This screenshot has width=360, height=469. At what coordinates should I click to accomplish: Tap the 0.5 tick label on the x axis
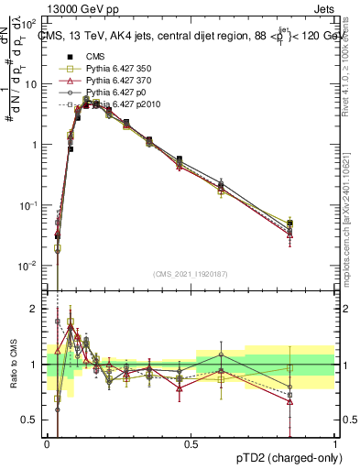tap(191, 442)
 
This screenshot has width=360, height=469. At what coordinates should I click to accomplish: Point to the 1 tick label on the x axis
tap(335, 442)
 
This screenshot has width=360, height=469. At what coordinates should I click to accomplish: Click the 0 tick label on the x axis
tap(47, 442)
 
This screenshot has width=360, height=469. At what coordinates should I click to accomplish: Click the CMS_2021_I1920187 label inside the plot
tap(190, 274)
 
